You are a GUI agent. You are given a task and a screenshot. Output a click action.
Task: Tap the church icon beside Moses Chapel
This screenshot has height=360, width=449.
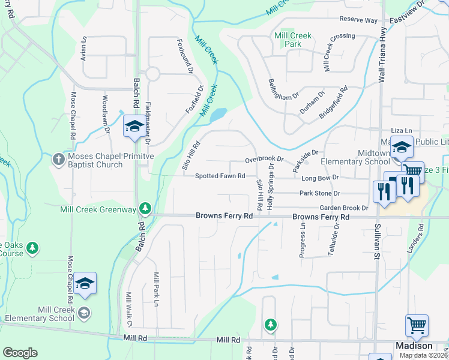pos(58,159)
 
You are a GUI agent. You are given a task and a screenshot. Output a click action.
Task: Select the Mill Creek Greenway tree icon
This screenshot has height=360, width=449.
pos(145,208)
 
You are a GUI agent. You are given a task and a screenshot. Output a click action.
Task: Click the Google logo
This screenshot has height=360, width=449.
pos(20,353)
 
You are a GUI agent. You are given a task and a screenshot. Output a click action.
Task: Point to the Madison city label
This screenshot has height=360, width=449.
pos(414,346)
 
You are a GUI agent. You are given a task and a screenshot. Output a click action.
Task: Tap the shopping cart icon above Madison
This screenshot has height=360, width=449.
pos(417,326)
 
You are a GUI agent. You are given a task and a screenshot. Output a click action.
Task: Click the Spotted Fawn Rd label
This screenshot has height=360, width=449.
pos(220,176)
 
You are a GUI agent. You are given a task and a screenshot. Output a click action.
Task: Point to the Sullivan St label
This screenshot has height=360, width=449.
pos(378,241)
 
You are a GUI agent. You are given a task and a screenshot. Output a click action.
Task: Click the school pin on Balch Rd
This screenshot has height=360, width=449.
pos(133,126)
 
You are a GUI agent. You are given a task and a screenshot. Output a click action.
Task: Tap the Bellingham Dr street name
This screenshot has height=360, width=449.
pos(283,89)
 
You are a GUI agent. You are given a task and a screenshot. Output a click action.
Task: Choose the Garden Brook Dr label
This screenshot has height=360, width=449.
pos(343,208)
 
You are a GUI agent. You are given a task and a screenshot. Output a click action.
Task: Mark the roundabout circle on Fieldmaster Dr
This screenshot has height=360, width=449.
pos(152,74)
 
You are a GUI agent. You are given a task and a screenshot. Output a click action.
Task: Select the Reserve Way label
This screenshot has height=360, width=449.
pos(358,20)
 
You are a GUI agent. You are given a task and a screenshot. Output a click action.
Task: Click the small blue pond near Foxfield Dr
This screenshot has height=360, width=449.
pos(218,113)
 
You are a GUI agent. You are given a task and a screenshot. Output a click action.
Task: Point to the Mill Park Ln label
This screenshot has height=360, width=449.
pos(155,290)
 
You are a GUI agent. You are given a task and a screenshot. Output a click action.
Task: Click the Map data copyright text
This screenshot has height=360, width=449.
pos(424,355)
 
